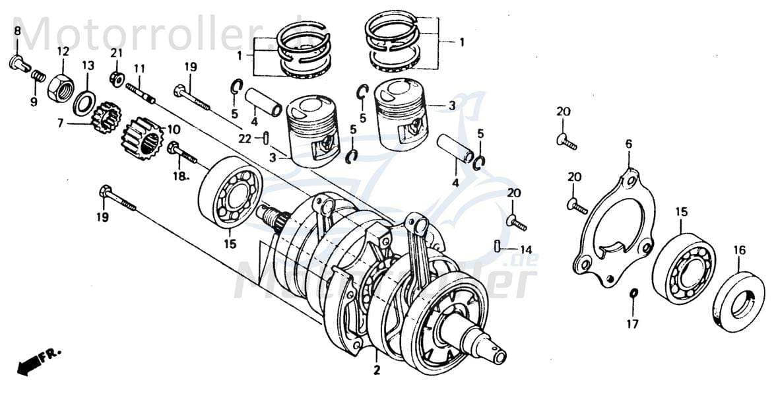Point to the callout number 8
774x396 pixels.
click(x=17, y=32)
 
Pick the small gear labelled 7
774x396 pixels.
click(x=106, y=118)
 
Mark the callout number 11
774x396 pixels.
click(x=139, y=69)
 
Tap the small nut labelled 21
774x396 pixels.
click(x=117, y=79)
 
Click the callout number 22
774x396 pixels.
click(x=245, y=139)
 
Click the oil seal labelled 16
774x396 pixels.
click(x=738, y=301)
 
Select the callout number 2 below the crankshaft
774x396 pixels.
click(x=377, y=370)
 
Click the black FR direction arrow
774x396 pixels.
click(x=28, y=364)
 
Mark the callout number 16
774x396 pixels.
click(x=739, y=250)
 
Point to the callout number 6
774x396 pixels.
click(x=628, y=144)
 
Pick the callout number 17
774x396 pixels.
click(x=633, y=323)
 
